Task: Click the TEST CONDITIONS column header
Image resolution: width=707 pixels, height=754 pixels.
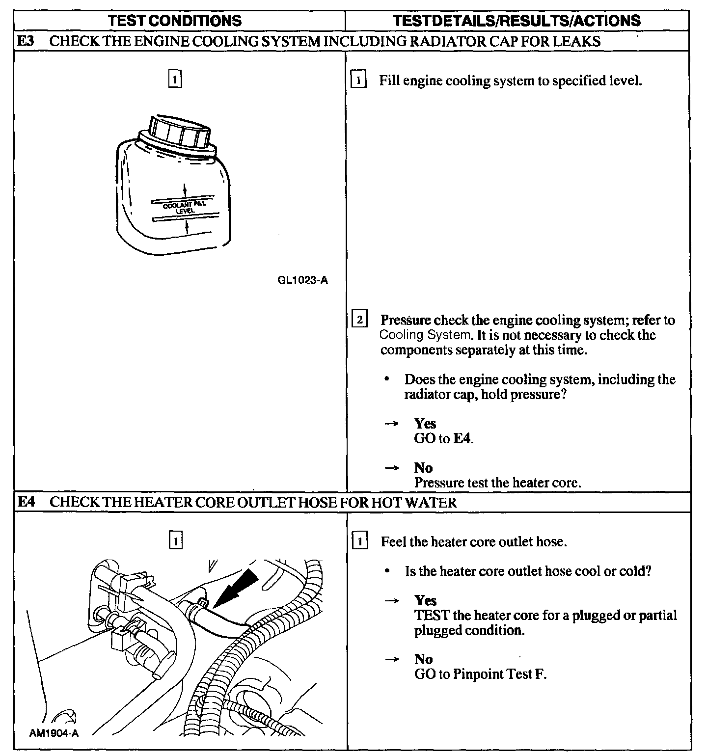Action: (175, 21)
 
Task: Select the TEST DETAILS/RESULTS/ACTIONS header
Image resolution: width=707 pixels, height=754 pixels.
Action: (517, 21)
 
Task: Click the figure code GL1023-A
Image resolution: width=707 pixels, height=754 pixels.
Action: (302, 281)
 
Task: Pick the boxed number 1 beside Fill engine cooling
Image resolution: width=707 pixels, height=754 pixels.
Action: (359, 80)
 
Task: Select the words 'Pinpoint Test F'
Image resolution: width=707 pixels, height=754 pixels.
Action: (499, 674)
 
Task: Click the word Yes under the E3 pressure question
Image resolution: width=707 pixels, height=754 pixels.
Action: (425, 424)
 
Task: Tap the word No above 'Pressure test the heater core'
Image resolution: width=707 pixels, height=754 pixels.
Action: (423, 468)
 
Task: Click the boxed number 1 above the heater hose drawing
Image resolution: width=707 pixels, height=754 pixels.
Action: (175, 541)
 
